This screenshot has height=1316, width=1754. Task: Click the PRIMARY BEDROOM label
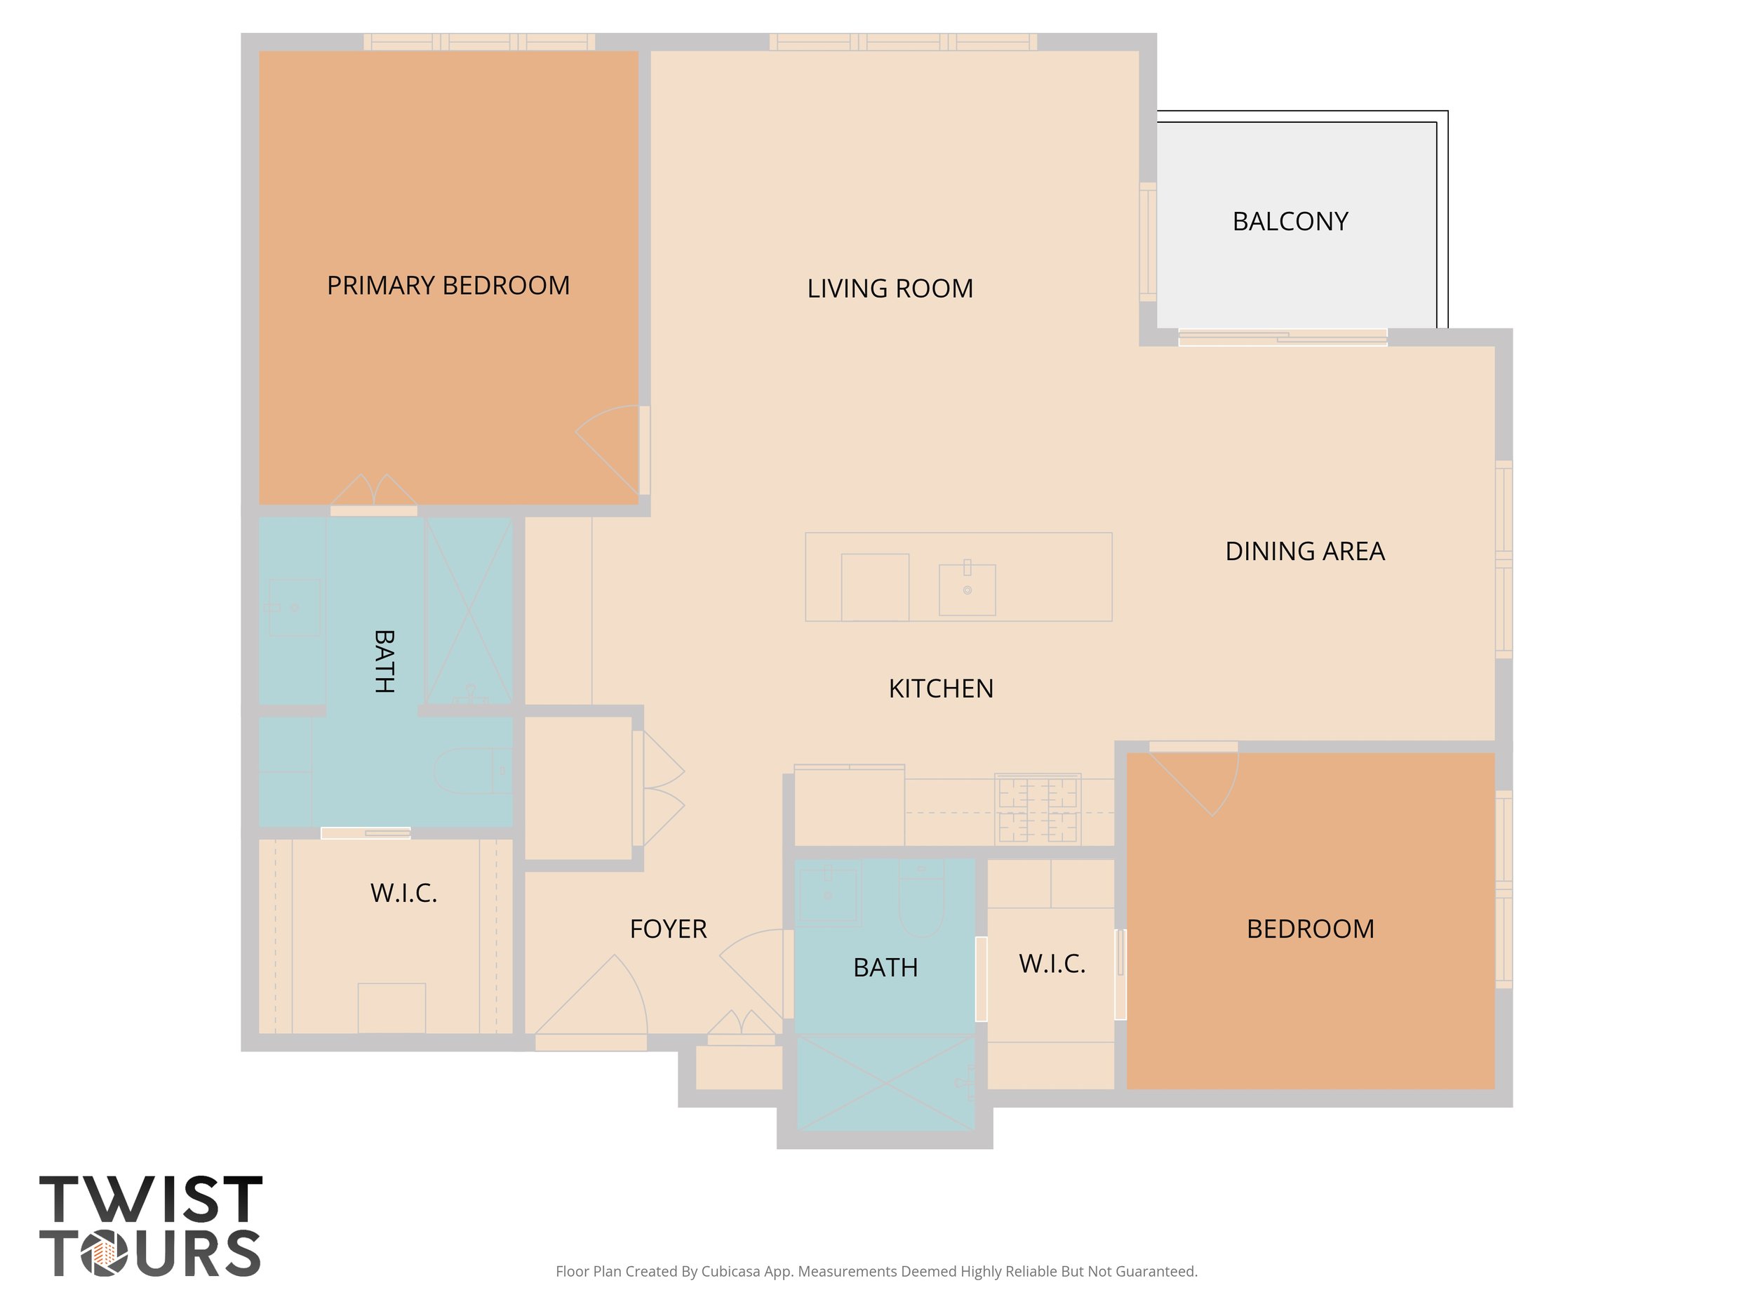pos(448,286)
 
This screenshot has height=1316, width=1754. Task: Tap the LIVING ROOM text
pos(890,288)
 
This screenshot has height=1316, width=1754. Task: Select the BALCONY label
pos(1290,221)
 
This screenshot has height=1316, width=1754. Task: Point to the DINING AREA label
pos(1304,551)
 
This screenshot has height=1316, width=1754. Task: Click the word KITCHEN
pos(940,689)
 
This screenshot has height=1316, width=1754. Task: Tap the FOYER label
pos(668,929)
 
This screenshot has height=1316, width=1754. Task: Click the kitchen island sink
pos(967,590)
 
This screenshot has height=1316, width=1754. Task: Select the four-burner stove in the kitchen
pos(1037,809)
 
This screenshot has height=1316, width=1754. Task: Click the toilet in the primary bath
pos(471,770)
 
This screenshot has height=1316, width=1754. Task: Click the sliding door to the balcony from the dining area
pos(1283,338)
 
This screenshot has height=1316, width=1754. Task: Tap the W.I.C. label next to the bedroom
pos(1052,964)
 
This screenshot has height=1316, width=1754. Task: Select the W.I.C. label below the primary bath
pos(403,893)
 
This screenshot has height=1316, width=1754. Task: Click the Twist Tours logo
pos(151,1225)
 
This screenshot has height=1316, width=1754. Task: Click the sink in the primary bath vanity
pos(293,608)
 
